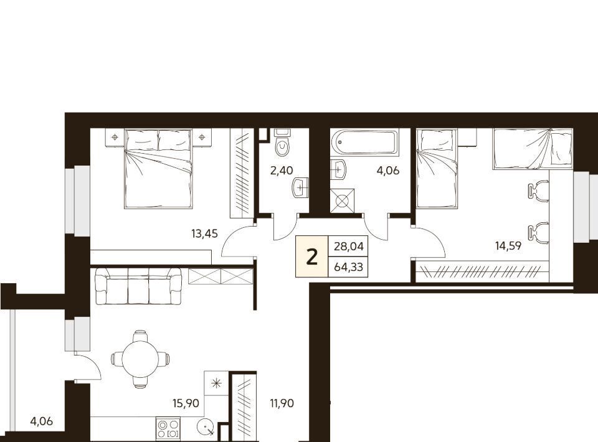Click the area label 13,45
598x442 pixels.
[x=204, y=233]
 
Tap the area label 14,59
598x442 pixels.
[x=508, y=246]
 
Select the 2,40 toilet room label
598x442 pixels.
[x=282, y=171]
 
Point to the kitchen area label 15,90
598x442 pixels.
[x=186, y=403]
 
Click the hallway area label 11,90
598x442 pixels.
[x=282, y=403]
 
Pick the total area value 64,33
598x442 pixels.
[x=349, y=266]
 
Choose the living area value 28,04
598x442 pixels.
[x=349, y=247]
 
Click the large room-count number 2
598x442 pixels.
[x=312, y=257]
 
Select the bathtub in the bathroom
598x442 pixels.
[x=364, y=142]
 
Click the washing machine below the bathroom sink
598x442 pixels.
[x=342, y=200]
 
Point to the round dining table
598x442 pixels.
[x=140, y=359]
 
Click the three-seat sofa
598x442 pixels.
[x=138, y=286]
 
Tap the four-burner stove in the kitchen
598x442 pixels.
[x=168, y=429]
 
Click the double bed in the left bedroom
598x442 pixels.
[x=158, y=169]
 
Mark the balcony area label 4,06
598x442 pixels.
[x=41, y=421]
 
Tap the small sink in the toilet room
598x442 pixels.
[x=300, y=187]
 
